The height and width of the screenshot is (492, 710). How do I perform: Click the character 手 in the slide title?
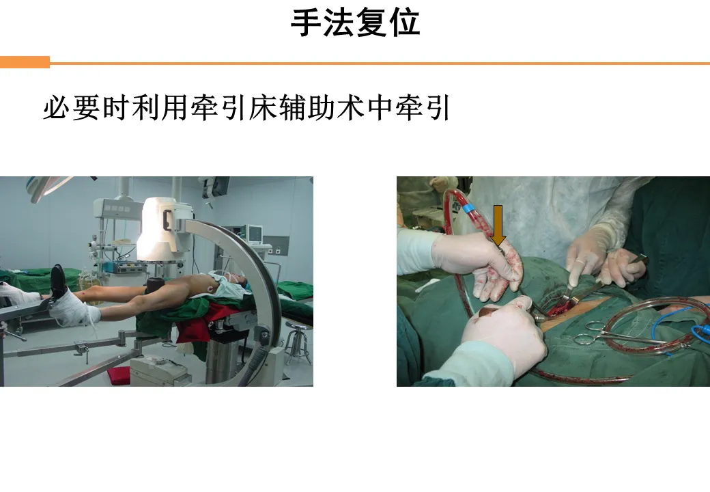[306, 23]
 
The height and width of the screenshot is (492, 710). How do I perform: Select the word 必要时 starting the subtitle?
[85, 108]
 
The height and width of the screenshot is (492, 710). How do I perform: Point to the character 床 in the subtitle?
[263, 108]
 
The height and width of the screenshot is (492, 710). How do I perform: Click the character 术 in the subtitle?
[350, 108]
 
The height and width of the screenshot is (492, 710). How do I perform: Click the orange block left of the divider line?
[25, 62]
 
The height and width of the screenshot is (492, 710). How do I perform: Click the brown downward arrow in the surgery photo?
[498, 225]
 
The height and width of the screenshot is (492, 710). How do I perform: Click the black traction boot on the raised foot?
[58, 282]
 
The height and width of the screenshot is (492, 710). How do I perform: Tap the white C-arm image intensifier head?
[163, 229]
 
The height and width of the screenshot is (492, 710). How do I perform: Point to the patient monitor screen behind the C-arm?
[254, 233]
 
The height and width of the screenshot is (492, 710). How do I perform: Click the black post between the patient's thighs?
[154, 286]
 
